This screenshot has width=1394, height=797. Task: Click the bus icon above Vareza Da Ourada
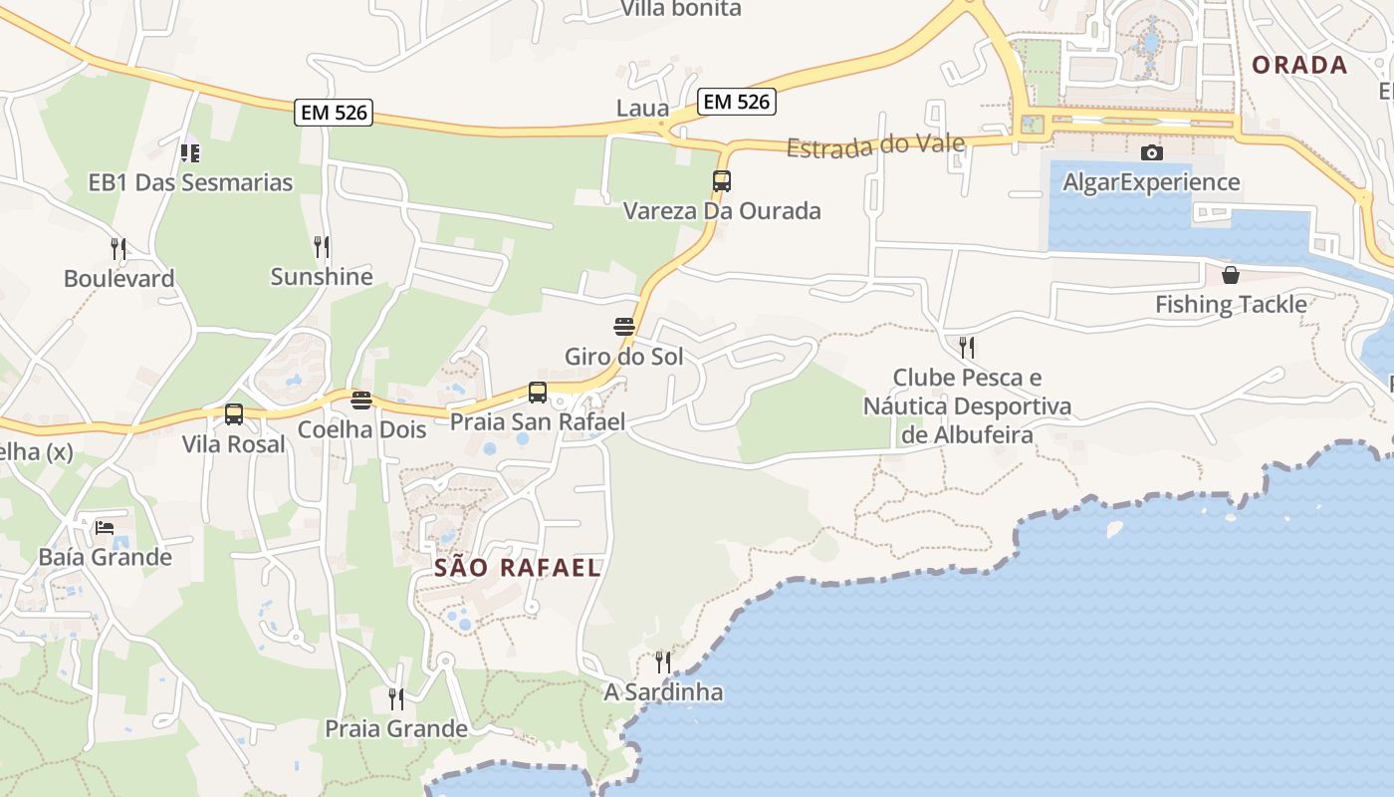[722, 181]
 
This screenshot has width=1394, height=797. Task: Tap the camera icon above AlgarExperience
[1152, 152]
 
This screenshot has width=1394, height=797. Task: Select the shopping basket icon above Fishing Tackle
[1231, 275]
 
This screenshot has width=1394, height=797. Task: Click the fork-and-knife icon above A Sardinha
[663, 662]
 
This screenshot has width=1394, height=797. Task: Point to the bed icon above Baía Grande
[105, 527]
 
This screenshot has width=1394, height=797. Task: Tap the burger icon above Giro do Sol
[624, 327]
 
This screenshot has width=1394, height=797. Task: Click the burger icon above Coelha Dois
[361, 400]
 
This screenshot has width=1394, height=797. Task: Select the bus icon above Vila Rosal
[234, 414]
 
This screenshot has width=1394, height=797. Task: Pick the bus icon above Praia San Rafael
[538, 393]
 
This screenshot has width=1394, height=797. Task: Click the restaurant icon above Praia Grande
[396, 699]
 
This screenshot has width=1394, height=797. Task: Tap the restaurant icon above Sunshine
[322, 247]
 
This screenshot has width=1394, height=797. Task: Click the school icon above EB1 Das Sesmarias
[190, 153]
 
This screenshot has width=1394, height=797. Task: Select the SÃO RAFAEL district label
[518, 568]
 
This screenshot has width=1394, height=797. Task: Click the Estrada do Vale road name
[875, 145]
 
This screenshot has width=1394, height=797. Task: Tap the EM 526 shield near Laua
[737, 101]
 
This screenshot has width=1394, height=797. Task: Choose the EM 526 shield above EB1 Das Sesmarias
[334, 113]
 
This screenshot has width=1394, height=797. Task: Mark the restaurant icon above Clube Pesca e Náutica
[967, 348]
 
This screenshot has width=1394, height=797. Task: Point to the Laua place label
[642, 109]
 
